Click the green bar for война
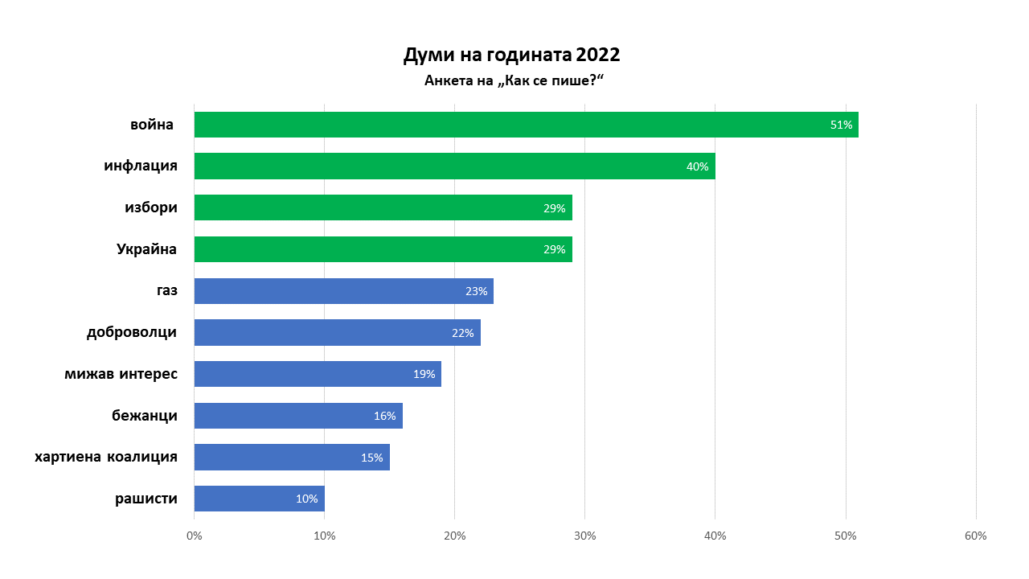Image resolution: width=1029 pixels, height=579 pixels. click(526, 125)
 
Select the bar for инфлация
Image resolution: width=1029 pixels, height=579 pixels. click(454, 166)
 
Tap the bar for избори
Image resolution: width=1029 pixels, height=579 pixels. click(383, 207)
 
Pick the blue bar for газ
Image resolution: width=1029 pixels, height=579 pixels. click(343, 291)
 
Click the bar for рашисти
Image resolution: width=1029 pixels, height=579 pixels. click(259, 499)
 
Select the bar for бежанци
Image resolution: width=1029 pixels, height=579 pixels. click(298, 416)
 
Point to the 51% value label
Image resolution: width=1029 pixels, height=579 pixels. click(841, 125)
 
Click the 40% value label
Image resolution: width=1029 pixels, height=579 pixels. click(697, 166)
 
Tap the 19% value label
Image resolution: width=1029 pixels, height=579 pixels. click(424, 374)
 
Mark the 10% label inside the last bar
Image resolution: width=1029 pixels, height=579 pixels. click(306, 499)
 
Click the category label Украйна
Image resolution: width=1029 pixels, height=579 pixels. click(146, 249)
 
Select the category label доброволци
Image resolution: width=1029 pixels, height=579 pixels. click(131, 332)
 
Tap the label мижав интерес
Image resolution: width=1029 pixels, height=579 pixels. click(121, 374)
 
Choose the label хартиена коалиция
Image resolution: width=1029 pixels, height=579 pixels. click(105, 458)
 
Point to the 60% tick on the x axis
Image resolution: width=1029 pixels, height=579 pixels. click(975, 536)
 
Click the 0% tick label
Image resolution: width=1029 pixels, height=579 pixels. click(194, 536)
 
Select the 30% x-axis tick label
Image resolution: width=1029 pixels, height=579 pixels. click(584, 536)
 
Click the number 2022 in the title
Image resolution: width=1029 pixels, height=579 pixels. click(597, 55)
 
